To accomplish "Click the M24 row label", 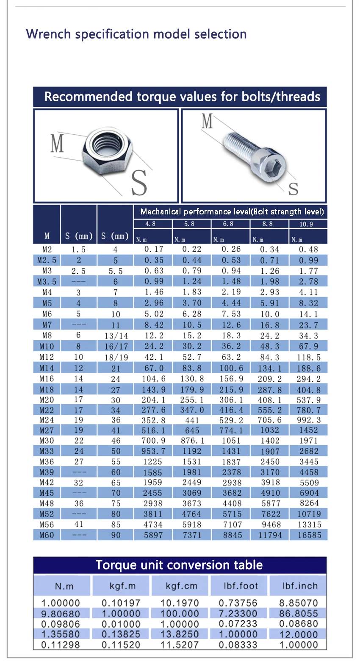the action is click(x=47, y=420).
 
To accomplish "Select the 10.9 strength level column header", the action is click(x=306, y=224).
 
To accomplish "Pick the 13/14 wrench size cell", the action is click(x=116, y=336).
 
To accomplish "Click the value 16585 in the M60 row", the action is click(x=309, y=535).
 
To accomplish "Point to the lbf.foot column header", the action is click(x=241, y=586).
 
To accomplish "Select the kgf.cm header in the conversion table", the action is click(x=181, y=586).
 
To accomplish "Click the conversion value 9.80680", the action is click(x=61, y=614).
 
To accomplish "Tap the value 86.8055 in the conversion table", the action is click(x=299, y=614).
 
